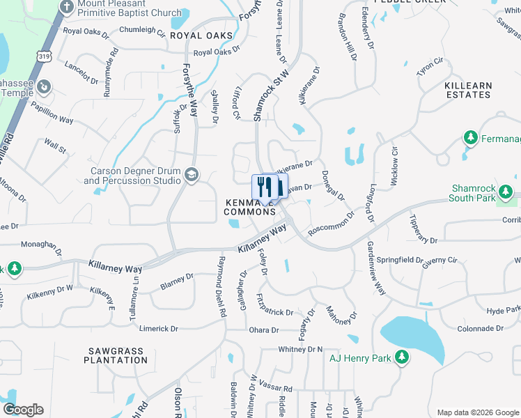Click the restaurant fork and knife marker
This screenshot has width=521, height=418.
tap(264, 187)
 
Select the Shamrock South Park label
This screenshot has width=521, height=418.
tap(481, 194)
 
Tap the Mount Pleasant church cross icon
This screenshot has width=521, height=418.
tap(66, 8)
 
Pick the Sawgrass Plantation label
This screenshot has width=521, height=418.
tap(116, 355)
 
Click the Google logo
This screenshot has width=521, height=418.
tap(23, 409)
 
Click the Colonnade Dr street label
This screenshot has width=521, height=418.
tap(481, 328)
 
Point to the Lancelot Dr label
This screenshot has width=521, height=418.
tap(81, 72)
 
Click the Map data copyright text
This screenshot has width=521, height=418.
tap(477, 412)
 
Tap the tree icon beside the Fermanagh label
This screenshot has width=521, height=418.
tap(470, 137)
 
